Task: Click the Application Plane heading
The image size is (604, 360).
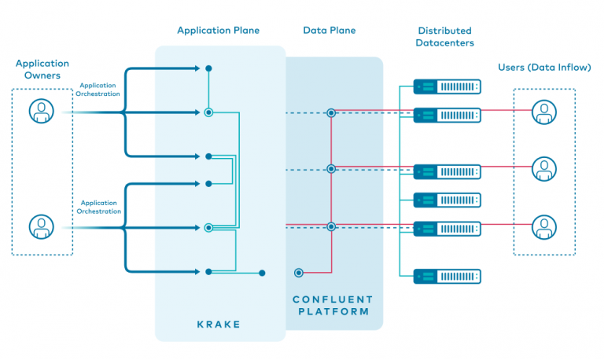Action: coord(218,31)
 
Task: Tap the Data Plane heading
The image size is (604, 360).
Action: coord(330,31)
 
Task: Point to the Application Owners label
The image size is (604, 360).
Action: coord(42,69)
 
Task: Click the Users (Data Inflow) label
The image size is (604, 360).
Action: coord(544,68)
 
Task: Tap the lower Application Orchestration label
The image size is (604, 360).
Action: coord(98,208)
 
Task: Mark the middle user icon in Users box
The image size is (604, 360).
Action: coord(543,167)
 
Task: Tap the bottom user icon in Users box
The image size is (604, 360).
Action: coord(543,226)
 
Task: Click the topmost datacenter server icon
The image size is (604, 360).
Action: coord(447,86)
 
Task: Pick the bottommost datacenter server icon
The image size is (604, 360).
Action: coord(447,276)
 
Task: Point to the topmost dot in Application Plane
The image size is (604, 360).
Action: coord(208,68)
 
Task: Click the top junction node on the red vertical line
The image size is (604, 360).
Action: coord(331,113)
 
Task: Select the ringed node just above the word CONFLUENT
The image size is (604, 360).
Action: coord(298,273)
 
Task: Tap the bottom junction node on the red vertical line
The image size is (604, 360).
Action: coord(331,226)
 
